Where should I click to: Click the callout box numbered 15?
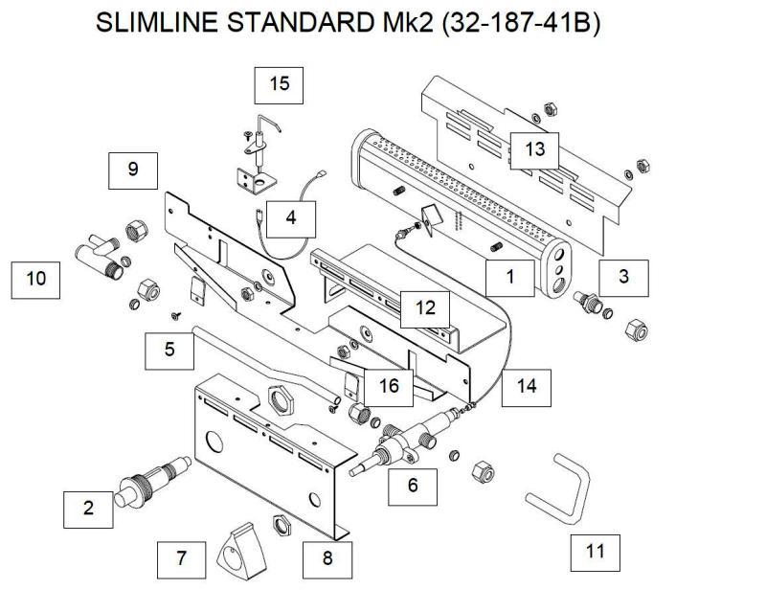[x=279, y=84]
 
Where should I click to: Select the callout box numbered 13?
[x=533, y=148]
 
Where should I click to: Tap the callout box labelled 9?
[x=133, y=170]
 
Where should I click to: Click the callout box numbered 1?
[x=509, y=277]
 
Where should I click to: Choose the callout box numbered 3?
[x=623, y=277]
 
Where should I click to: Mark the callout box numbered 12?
[x=426, y=307]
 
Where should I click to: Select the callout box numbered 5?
[x=169, y=349]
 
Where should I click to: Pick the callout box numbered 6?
[x=413, y=485]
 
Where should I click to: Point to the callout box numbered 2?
[x=88, y=508]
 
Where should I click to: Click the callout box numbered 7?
[x=182, y=556]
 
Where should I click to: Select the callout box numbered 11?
[x=595, y=551]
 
